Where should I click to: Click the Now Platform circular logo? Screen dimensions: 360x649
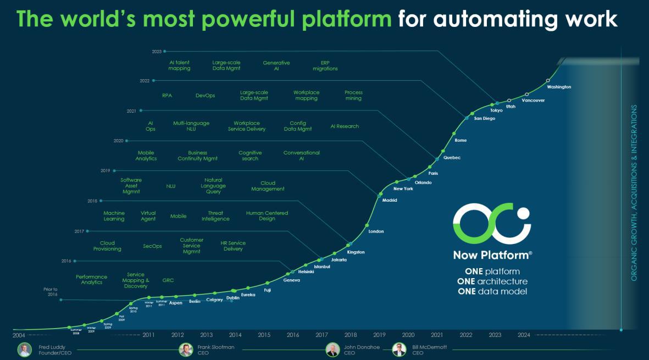(491, 224)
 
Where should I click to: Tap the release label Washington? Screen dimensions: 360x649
(559, 87)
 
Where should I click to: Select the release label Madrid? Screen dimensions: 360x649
(389, 200)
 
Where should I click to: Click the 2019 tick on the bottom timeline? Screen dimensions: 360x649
(379, 335)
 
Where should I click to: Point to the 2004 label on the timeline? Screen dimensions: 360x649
(19, 335)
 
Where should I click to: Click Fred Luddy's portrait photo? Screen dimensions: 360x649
(24, 350)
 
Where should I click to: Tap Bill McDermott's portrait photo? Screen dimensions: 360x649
(400, 350)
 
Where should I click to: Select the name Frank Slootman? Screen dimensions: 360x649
(216, 347)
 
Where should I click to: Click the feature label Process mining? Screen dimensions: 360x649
(353, 96)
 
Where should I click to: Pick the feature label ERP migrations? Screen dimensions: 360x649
(325, 66)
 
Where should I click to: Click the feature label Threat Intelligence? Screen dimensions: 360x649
(215, 216)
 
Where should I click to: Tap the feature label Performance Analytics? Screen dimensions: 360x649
(91, 280)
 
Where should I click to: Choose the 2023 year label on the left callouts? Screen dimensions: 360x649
(157, 52)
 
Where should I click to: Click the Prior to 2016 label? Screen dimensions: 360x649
(51, 292)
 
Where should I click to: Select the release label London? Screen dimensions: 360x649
(376, 231)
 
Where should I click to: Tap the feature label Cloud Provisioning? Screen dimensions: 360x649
(107, 246)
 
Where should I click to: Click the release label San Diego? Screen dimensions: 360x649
(485, 118)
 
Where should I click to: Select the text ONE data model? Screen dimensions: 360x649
(492, 291)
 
